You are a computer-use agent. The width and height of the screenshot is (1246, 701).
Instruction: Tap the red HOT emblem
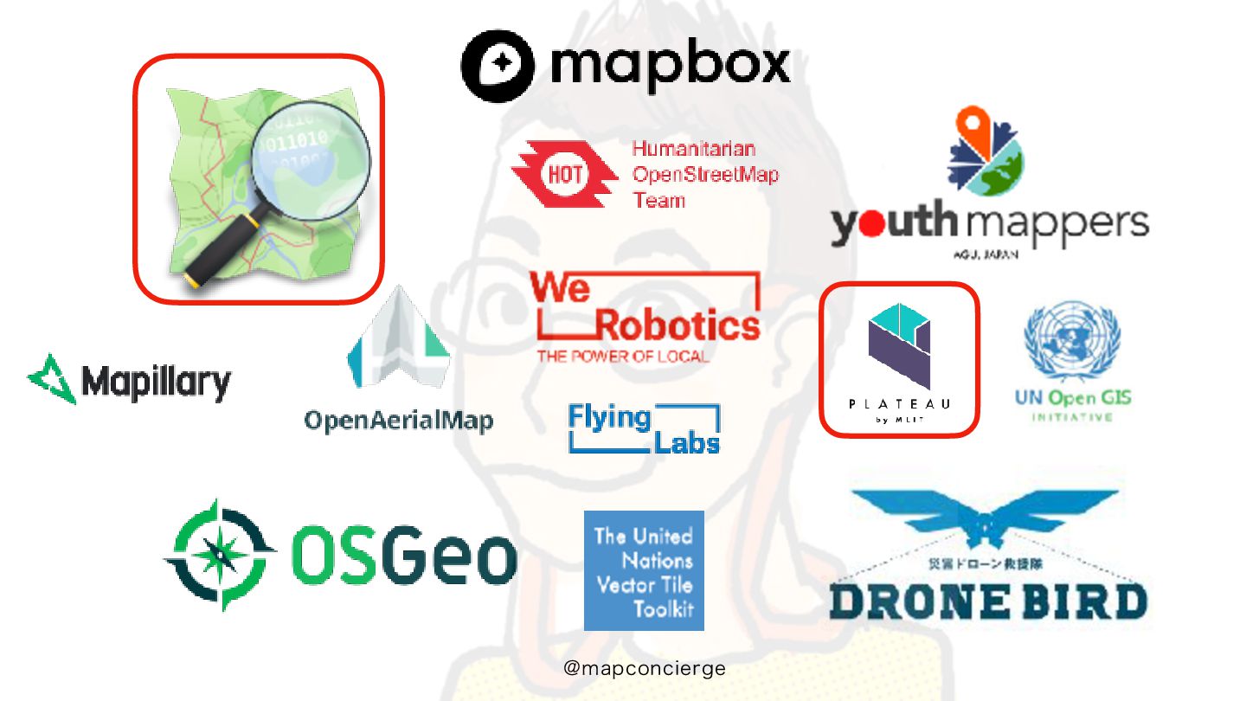point(563,173)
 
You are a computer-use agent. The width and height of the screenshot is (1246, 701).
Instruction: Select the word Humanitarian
point(693,148)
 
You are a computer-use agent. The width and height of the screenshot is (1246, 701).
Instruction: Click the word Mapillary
point(156,382)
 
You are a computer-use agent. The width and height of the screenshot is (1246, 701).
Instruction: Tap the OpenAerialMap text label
point(398,421)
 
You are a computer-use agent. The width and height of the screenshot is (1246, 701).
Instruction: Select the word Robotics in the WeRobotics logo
point(677,325)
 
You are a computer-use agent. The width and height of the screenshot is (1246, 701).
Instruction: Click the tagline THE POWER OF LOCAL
point(622,357)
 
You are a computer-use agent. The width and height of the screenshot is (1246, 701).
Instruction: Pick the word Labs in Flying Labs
point(686,442)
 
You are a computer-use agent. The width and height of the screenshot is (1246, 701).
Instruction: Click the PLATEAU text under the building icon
point(899,403)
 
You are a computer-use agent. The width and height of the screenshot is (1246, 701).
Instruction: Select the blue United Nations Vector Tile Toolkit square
point(644,570)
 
